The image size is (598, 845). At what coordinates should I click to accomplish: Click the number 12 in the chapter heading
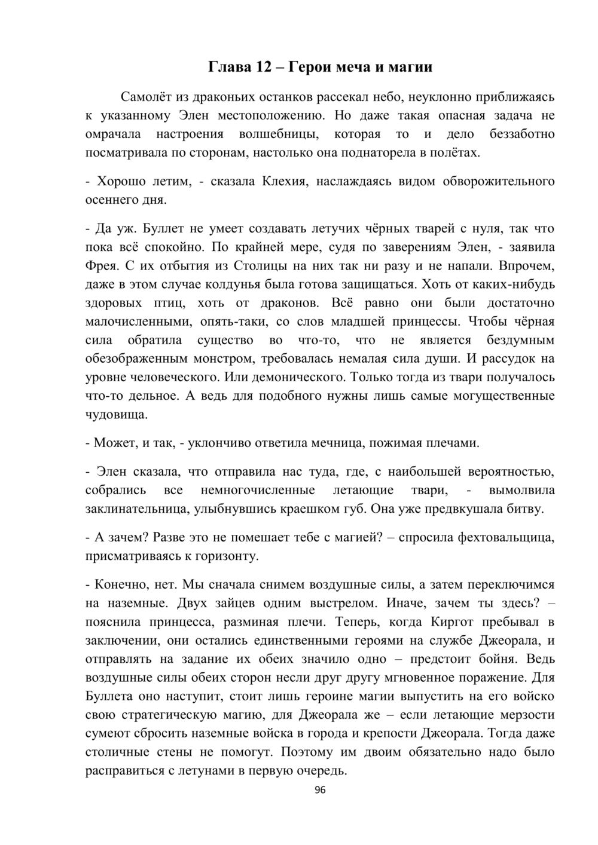pyautogui.click(x=264, y=66)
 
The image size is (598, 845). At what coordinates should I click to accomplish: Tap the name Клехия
pyautogui.click(x=285, y=180)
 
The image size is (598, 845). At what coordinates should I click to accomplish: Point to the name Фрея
pyautogui.click(x=102, y=265)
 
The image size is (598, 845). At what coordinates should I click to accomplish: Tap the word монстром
pyautogui.click(x=216, y=359)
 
